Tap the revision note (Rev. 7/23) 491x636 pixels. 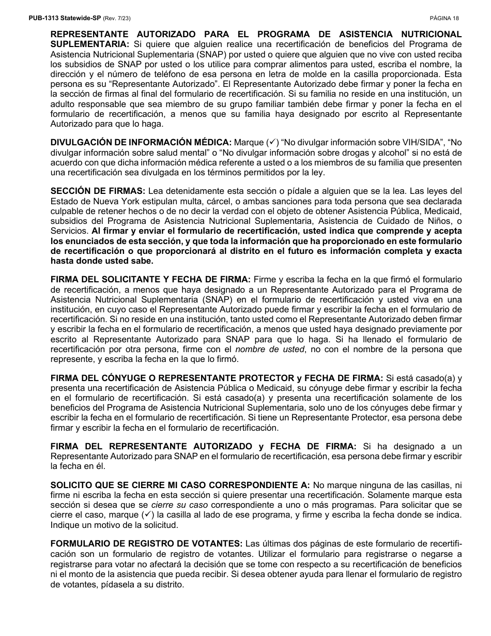point(117,19)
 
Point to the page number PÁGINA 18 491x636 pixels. point(444,19)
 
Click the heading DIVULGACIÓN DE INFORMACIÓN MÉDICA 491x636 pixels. point(141,142)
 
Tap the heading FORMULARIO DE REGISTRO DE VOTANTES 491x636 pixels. point(146,544)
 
